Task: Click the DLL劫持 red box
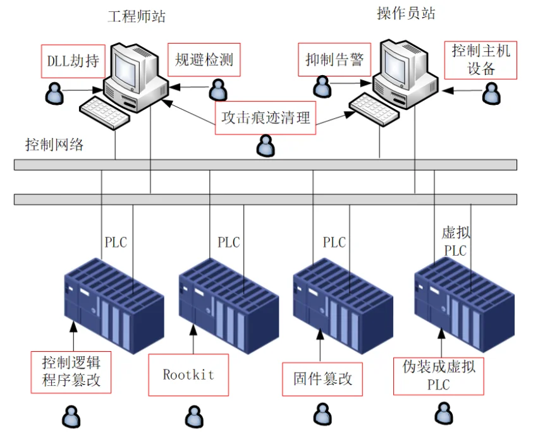click(x=70, y=61)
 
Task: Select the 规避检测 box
click(x=204, y=60)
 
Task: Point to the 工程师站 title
click(x=137, y=16)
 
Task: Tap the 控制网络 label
click(x=54, y=145)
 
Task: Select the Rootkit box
click(x=188, y=374)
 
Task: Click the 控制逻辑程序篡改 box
click(x=71, y=371)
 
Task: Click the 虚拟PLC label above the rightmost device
click(x=455, y=242)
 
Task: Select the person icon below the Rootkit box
click(x=193, y=417)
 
